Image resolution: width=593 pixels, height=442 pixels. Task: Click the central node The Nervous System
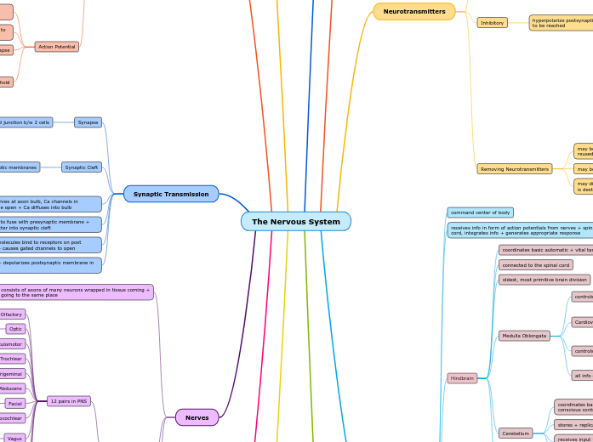(295, 222)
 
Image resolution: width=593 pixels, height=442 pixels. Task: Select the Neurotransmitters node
(414, 11)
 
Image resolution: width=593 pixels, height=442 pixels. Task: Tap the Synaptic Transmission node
(171, 194)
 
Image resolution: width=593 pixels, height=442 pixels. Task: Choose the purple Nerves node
(197, 417)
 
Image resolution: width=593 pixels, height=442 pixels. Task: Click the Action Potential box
(57, 47)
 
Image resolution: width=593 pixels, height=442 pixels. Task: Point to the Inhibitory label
(492, 23)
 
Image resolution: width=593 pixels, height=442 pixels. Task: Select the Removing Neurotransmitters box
(514, 169)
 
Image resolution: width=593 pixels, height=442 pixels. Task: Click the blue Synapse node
(88, 122)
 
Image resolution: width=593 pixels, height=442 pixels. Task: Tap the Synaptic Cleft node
(82, 167)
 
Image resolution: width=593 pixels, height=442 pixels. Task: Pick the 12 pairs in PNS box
(69, 401)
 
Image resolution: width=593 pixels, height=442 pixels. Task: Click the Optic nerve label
(15, 329)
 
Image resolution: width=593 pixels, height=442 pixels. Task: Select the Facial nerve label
(14, 404)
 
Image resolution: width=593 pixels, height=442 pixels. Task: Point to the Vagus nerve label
(14, 439)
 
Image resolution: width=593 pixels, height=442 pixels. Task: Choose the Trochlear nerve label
(11, 359)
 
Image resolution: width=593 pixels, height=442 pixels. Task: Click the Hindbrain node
(462, 378)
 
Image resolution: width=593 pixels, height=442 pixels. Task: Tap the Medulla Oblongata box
(524, 336)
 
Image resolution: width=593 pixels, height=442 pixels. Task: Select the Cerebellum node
(516, 433)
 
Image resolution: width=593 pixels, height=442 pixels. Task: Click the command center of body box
(480, 212)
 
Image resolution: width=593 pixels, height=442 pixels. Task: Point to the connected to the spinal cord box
(535, 265)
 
